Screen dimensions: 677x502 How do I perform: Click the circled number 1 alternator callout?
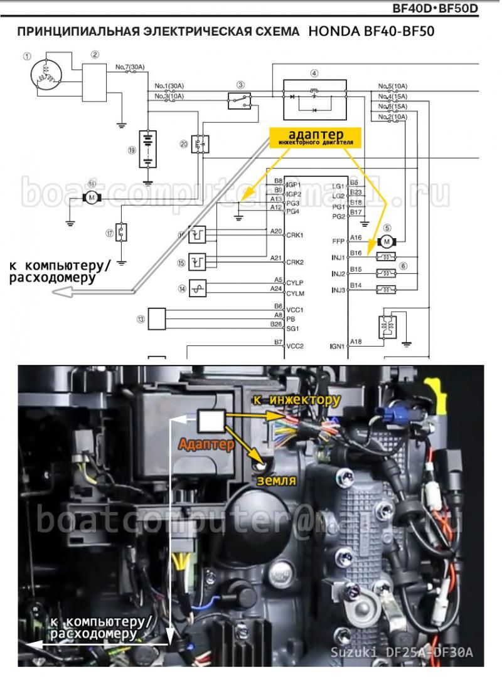27,56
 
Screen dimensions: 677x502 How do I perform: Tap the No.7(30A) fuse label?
130,66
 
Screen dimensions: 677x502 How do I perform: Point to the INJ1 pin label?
338,258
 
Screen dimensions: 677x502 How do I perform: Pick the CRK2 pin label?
294,262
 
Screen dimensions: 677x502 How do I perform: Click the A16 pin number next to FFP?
356,238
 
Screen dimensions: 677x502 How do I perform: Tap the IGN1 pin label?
338,346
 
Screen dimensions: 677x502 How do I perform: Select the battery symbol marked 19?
147,149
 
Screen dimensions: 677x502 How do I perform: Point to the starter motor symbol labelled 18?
92,198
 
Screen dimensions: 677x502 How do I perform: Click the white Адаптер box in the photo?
211,421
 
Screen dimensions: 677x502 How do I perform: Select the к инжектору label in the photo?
296,399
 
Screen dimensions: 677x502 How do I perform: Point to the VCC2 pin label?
294,346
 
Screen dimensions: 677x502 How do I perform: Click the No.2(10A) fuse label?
393,117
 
